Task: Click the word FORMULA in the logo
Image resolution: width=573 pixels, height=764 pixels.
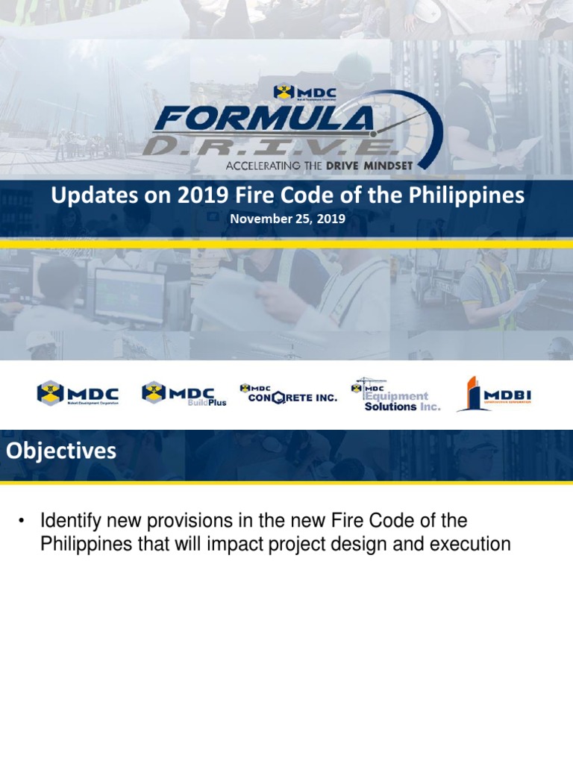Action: coord(261,119)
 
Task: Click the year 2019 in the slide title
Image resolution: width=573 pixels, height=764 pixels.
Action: coord(199,196)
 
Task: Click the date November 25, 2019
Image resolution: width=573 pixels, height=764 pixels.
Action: coord(287,219)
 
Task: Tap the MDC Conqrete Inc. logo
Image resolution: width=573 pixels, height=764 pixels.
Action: coord(288,393)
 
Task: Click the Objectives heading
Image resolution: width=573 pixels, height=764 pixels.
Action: coord(61,451)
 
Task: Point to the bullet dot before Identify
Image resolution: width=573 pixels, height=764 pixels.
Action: coord(22,520)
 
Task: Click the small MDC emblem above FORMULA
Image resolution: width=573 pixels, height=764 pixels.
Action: coord(284,92)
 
